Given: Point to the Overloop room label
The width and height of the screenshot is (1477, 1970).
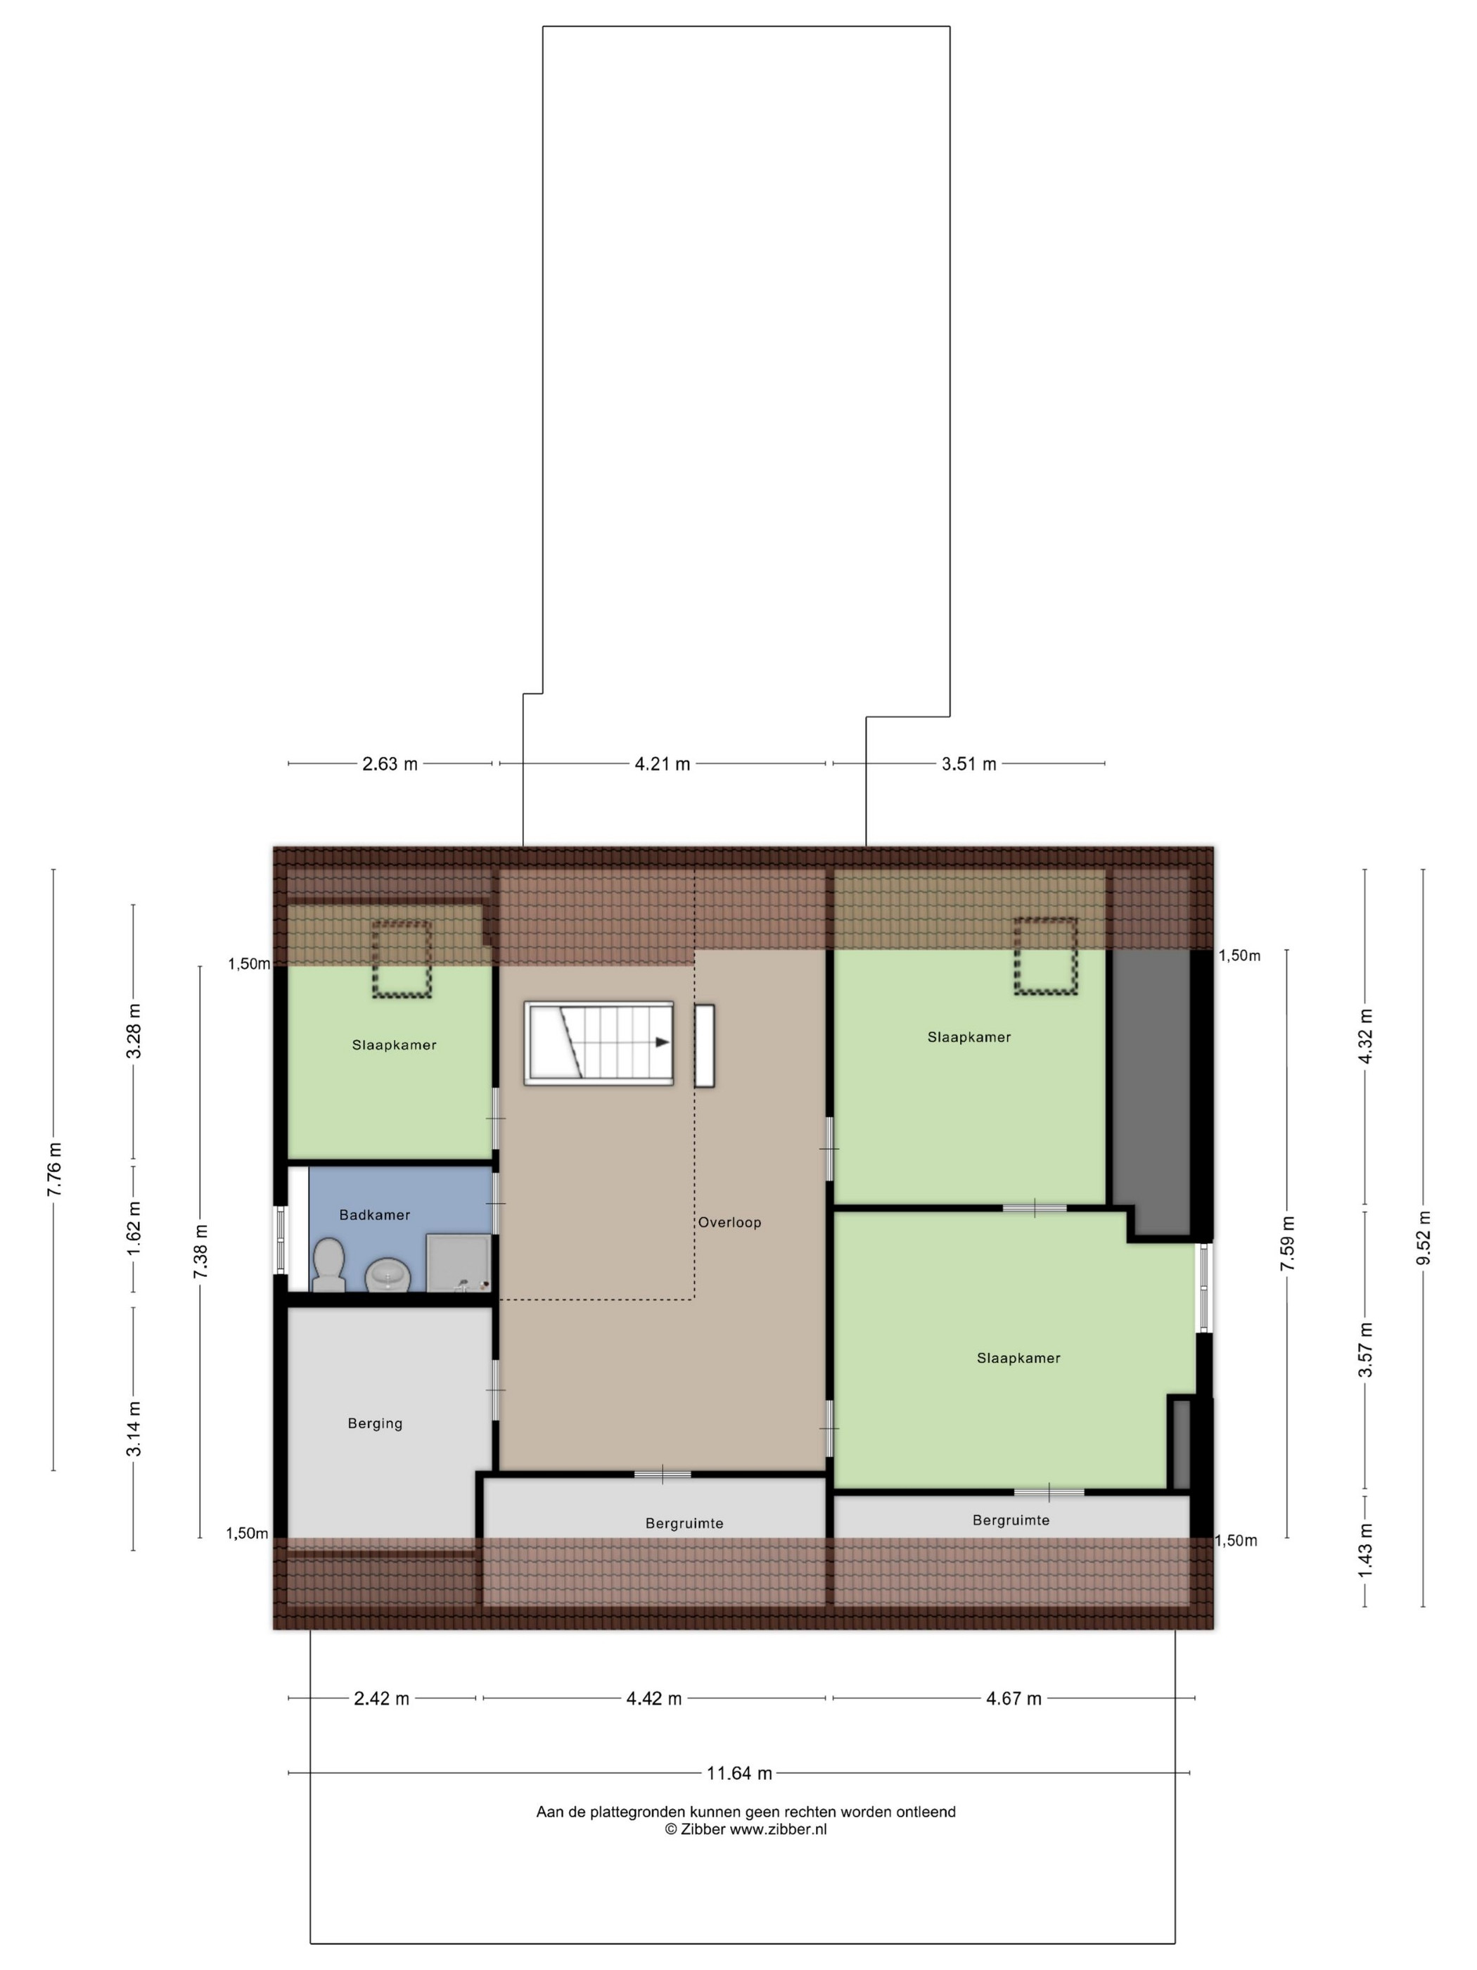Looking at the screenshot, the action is pos(729,1223).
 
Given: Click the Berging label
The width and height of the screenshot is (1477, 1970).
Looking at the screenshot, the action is pos(375,1424).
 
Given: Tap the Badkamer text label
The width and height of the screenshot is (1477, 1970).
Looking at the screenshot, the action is pos(375,1215).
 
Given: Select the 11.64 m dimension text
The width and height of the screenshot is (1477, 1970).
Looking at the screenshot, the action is pos(739,1773).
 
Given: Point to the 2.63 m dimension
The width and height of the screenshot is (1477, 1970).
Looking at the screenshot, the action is pos(390,764).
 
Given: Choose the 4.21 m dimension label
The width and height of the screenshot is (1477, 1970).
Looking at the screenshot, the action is pos(663,764).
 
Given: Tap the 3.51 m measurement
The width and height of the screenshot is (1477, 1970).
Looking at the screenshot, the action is pos(969,764).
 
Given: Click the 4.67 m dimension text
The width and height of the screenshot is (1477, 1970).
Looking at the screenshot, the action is pos(1014,1698).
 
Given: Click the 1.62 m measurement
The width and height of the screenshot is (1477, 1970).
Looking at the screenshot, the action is pos(134,1229).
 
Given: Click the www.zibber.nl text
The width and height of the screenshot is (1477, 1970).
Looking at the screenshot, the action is pos(778,1829).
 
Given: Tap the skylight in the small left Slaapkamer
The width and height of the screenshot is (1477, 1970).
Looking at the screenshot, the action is pos(402,958).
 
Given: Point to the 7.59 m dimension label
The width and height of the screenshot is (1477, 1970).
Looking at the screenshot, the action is pos(1287,1244).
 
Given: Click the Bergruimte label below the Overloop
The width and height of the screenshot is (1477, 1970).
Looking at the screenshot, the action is pos(684,1524).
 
